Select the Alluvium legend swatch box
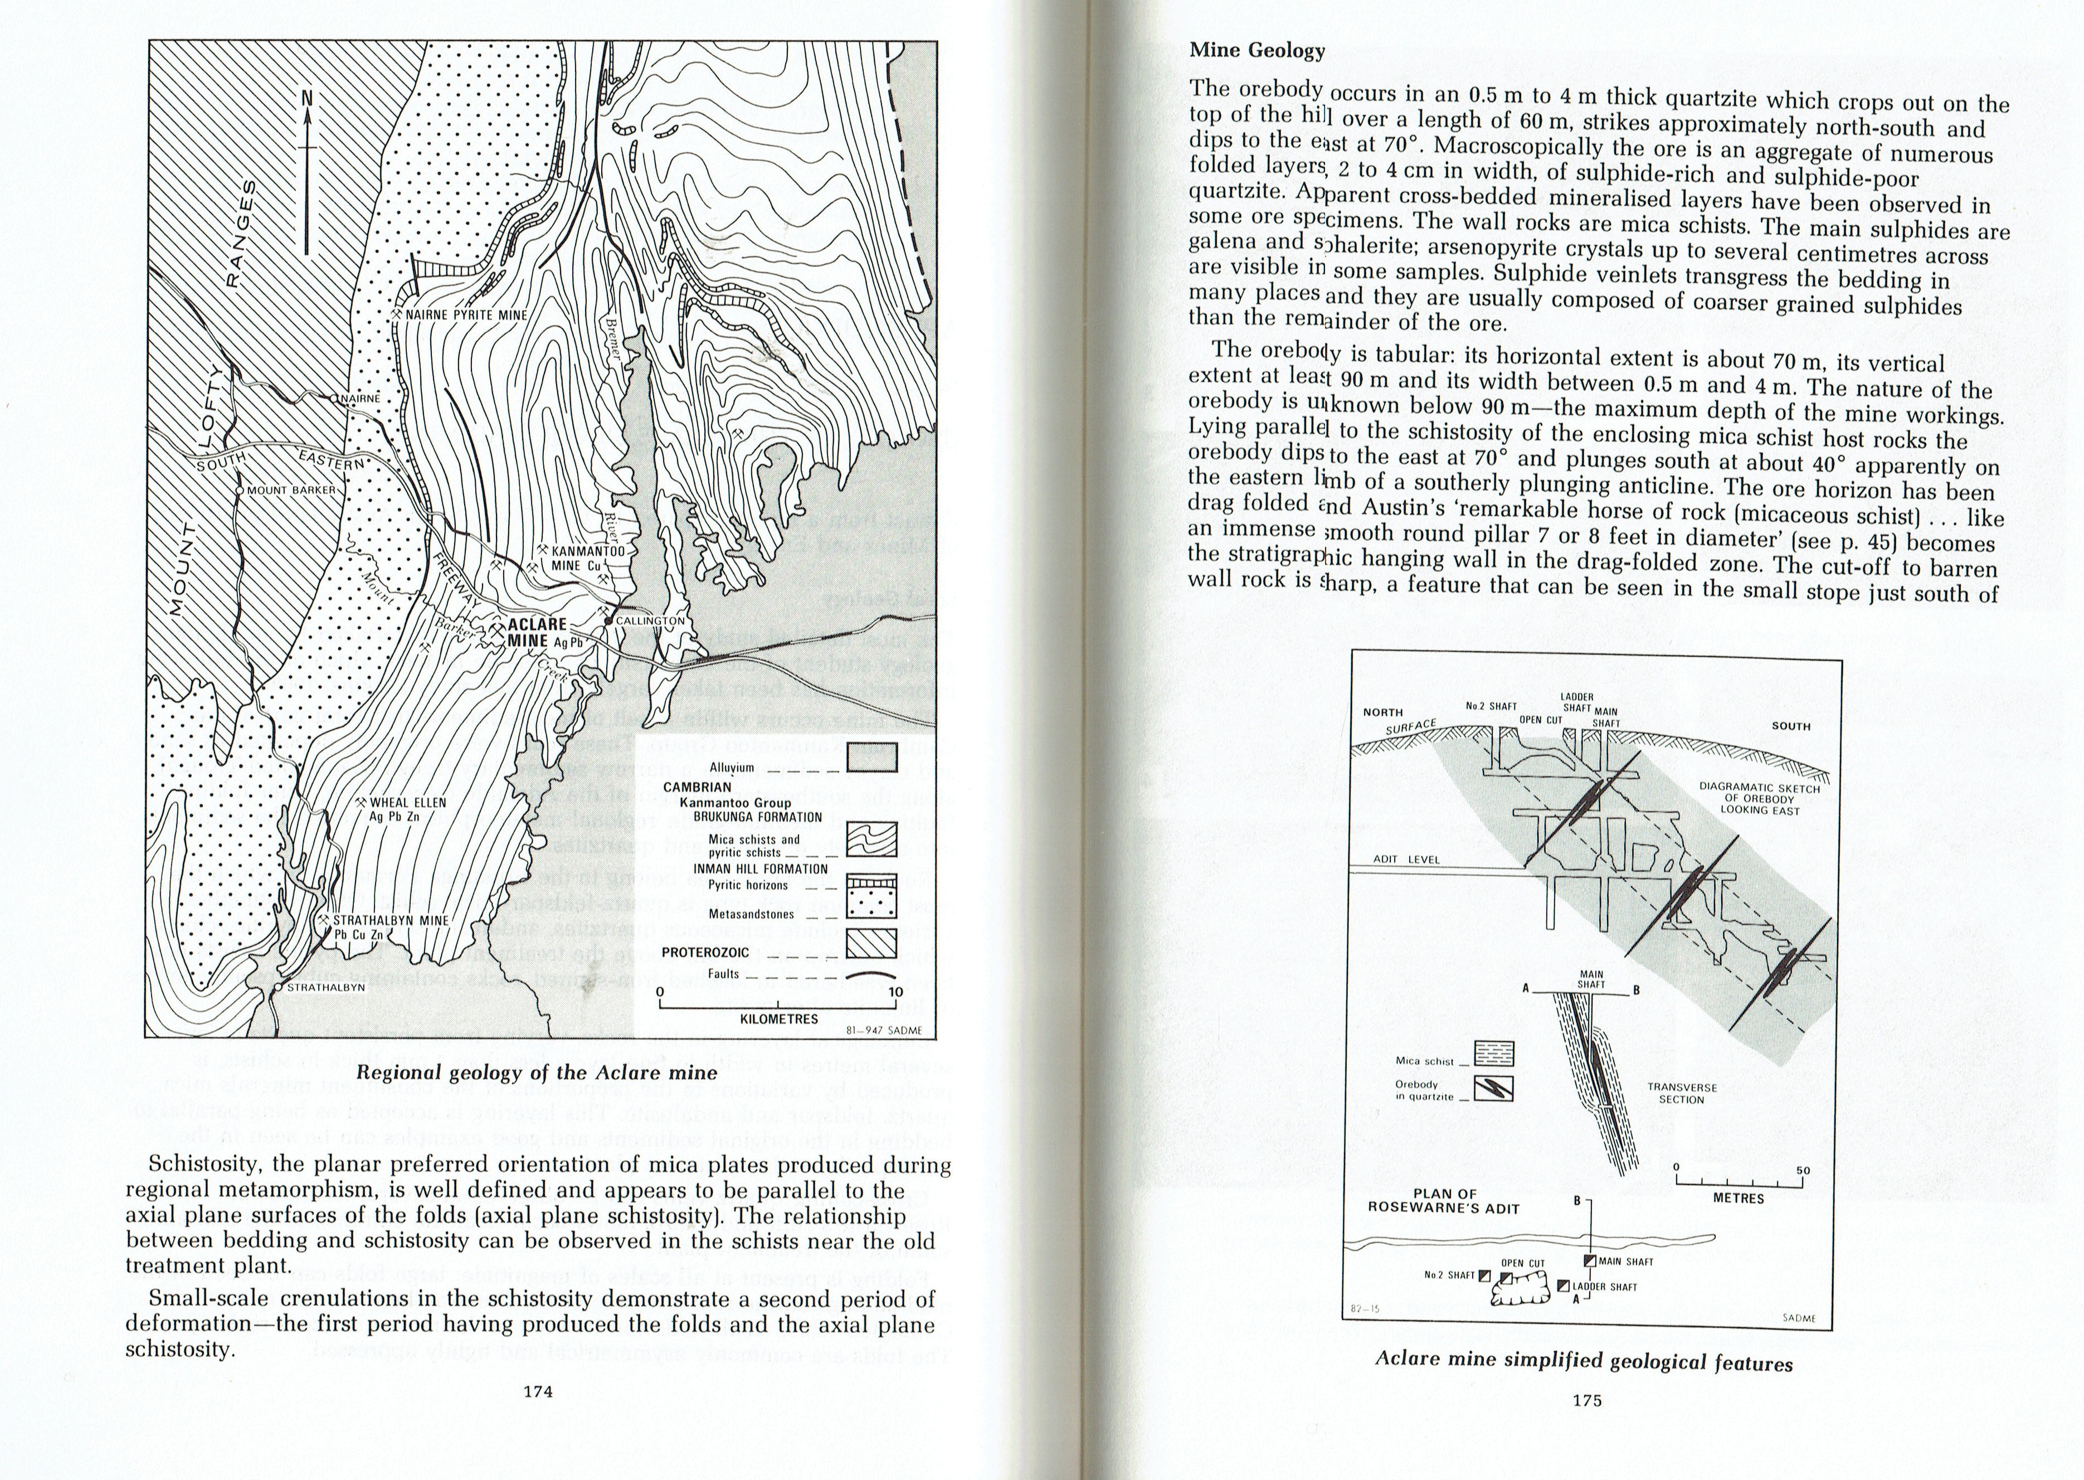(871, 758)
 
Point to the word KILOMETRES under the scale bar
(780, 1019)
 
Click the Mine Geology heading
(1257, 50)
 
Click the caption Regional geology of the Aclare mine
(537, 1073)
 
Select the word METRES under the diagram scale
(1739, 1198)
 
